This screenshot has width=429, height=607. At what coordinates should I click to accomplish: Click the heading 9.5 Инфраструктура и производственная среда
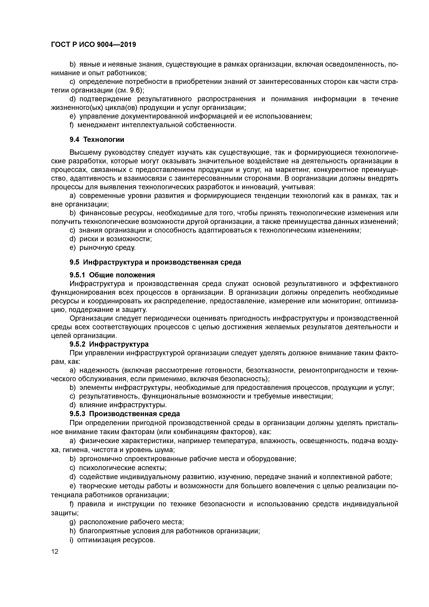point(155,262)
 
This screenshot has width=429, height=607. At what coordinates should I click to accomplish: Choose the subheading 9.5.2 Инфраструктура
point(109,344)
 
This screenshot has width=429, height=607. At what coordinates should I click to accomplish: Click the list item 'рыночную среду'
point(107,248)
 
